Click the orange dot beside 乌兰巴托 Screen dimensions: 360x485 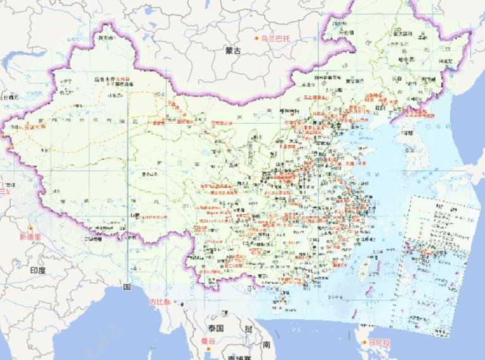[257, 39]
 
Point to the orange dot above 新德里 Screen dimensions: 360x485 [30, 228]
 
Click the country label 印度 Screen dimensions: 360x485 [38, 270]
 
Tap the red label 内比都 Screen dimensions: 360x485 [159, 303]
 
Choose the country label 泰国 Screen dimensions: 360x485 [215, 329]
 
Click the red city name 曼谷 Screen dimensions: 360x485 [208, 342]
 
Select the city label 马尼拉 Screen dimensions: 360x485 [380, 342]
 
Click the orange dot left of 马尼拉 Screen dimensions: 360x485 [366, 342]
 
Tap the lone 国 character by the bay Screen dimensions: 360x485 [126, 287]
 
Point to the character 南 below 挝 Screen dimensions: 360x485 [267, 344]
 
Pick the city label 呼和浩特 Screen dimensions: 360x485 [289, 111]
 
